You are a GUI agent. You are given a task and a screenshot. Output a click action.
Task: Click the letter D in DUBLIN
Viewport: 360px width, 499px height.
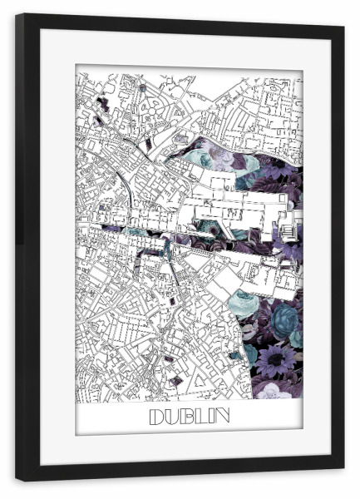(x=156, y=416)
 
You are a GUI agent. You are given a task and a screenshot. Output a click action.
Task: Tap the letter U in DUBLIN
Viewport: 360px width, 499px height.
(x=172, y=416)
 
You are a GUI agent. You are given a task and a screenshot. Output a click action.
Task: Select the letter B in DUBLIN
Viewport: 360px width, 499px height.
(x=187, y=416)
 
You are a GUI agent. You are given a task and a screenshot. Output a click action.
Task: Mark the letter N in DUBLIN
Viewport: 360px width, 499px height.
(x=222, y=416)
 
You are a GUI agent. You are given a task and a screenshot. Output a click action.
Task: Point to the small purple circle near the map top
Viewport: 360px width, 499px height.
(x=142, y=86)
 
